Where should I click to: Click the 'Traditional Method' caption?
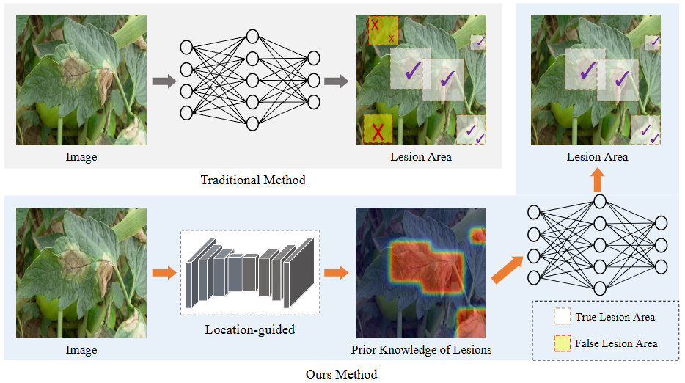[253, 180]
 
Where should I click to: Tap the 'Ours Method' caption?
[341, 374]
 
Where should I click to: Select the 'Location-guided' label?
[249, 329]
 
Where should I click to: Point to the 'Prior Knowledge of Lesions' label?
[421, 349]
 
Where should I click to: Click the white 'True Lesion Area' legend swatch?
[563, 317]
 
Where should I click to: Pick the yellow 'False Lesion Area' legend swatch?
[563, 343]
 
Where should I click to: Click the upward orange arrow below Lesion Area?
[598, 179]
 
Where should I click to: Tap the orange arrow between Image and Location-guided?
[164, 273]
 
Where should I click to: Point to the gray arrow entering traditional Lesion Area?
[336, 81]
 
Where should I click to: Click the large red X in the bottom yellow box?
[378, 132]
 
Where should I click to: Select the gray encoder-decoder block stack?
[250, 272]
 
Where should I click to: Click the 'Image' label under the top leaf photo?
[81, 157]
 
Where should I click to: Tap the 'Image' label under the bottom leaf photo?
[81, 349]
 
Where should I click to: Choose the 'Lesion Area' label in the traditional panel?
[421, 157]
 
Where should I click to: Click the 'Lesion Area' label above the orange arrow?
[597, 157]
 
